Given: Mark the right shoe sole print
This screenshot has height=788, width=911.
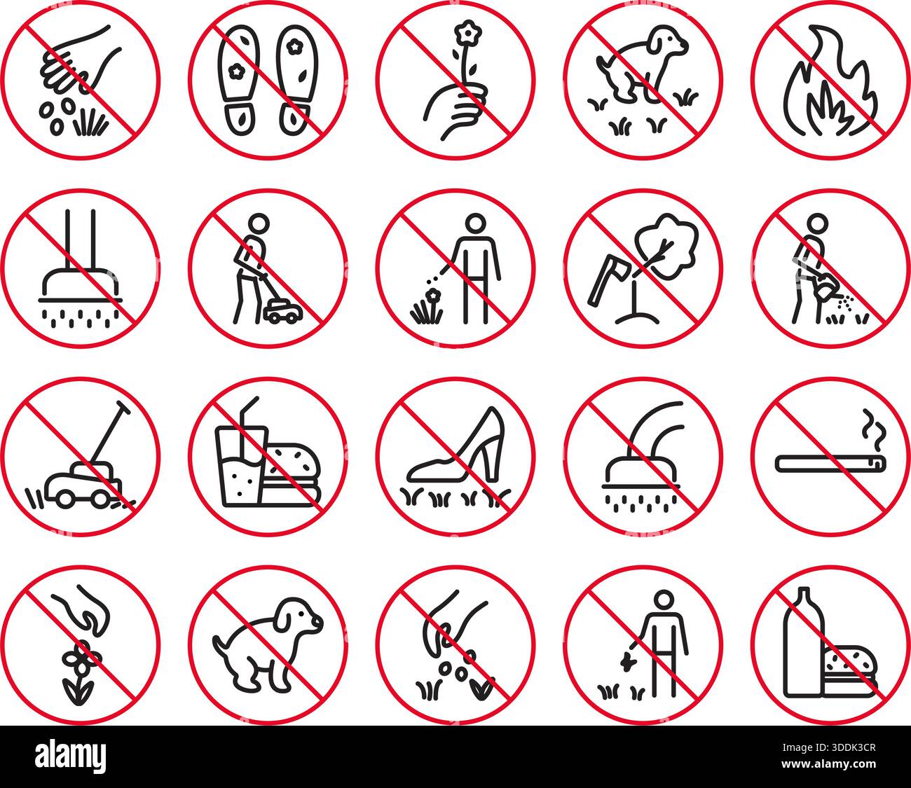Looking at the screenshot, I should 295,81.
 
